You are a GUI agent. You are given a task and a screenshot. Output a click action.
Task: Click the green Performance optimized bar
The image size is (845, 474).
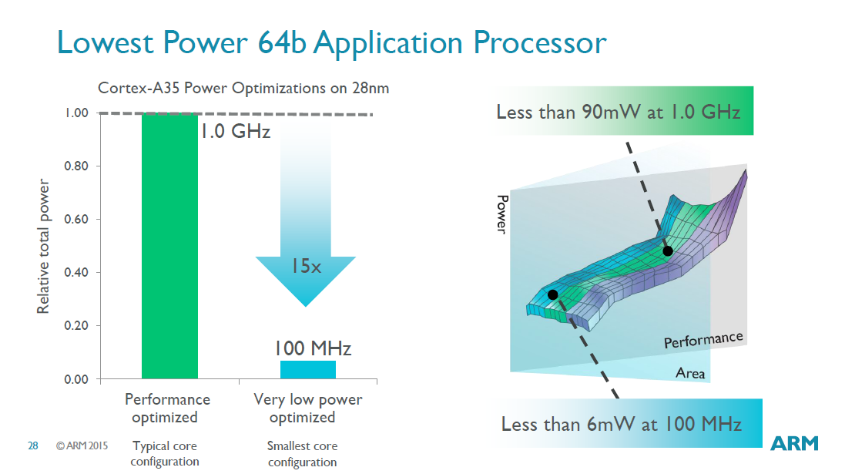coord(169,247)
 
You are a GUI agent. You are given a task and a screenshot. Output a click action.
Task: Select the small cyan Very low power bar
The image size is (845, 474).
coord(307,370)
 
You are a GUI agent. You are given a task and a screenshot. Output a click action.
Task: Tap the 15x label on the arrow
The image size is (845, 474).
coord(306,267)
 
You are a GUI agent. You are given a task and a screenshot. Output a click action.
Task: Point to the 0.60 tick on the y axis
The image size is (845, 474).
coord(76,219)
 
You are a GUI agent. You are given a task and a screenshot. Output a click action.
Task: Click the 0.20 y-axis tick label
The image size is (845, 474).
coord(76,325)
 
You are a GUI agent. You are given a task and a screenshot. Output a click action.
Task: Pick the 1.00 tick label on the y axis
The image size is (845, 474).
coord(76,113)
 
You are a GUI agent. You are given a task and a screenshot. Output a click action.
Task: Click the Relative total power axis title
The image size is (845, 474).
coord(43,247)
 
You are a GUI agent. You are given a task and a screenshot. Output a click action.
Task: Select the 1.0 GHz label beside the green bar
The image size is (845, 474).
coord(236,132)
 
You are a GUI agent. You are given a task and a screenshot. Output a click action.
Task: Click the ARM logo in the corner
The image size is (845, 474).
coord(794,443)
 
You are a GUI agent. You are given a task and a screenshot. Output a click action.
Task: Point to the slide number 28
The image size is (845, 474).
coord(33,445)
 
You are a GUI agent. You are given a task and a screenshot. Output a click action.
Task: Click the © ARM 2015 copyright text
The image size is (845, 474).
coord(82,445)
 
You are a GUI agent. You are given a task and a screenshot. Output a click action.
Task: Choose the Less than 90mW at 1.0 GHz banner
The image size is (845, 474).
coord(619,113)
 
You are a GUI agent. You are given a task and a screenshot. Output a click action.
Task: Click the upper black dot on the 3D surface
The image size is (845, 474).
coord(668,251)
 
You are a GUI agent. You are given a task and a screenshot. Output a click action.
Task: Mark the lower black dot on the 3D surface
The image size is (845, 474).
coord(552,294)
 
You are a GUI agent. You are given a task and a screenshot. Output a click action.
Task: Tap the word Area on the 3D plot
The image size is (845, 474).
coord(690,374)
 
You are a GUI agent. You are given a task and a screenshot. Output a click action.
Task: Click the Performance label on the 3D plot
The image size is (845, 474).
coord(703,340)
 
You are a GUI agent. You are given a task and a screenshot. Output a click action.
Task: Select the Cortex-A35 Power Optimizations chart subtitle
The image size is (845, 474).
coord(243,88)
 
